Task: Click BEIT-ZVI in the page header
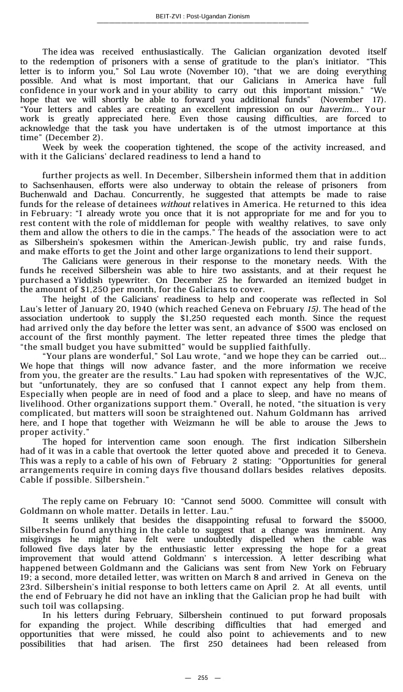(168, 16)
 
